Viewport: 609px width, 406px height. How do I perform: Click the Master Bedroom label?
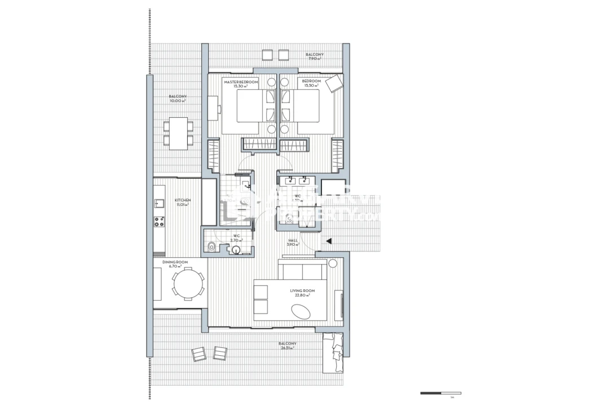[x=241, y=83]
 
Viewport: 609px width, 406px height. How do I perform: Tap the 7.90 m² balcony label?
[x=314, y=56]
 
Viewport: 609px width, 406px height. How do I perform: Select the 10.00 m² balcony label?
[x=178, y=99]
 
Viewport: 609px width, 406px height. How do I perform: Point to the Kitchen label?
[x=182, y=202]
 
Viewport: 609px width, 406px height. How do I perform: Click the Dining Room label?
[x=175, y=264]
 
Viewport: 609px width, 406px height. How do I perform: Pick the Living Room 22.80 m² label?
[x=302, y=293]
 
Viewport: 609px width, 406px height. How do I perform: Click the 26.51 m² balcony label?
[x=287, y=346]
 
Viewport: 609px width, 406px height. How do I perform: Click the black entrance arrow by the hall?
[x=328, y=242]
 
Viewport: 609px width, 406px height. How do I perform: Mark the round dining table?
[x=188, y=284]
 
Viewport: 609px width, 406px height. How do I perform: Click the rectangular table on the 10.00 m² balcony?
[x=179, y=133]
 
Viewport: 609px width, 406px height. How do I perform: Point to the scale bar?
[x=441, y=393]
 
